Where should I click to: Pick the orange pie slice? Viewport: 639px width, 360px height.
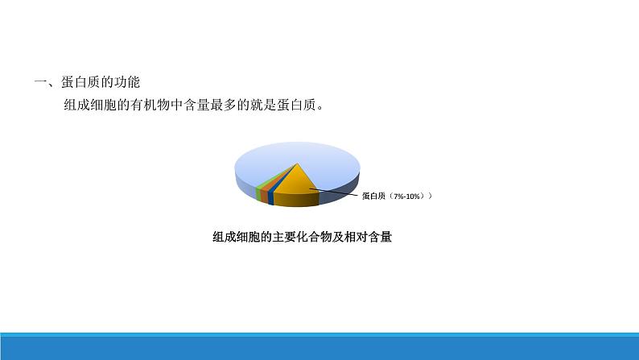point(264,193)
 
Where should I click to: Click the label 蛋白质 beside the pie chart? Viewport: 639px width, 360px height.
point(374,196)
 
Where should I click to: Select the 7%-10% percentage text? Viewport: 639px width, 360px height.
point(410,196)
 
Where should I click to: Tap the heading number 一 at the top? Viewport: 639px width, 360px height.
point(39,82)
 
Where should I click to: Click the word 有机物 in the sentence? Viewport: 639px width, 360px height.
point(164,106)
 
